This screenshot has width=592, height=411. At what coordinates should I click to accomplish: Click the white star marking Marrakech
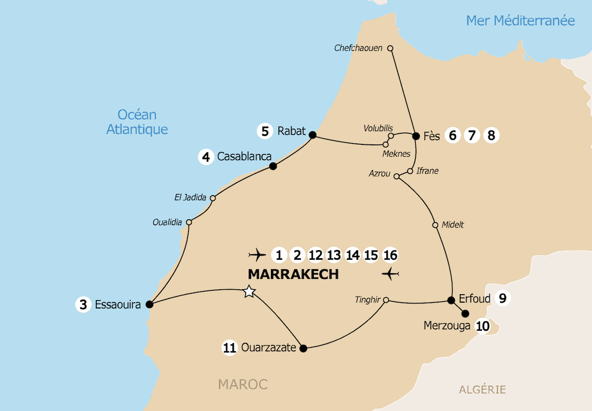(249, 292)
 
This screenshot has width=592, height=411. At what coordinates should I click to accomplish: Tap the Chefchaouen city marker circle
(390, 48)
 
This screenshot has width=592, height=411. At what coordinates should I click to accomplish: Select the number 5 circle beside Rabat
(265, 131)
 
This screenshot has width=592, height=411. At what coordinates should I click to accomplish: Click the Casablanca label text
(244, 157)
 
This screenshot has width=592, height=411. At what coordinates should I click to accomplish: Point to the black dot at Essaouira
(150, 304)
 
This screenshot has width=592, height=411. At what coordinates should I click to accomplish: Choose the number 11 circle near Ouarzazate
(229, 348)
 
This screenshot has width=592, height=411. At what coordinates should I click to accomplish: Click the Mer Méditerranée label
(520, 21)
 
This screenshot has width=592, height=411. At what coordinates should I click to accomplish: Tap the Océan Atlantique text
(137, 122)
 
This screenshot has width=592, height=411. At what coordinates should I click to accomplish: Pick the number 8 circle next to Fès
(490, 135)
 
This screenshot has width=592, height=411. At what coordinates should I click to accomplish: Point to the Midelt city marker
(435, 225)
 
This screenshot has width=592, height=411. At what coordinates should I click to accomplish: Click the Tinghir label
(368, 299)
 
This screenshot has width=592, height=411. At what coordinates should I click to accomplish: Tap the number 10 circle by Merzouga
(483, 326)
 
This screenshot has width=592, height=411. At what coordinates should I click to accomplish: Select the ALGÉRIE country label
(482, 389)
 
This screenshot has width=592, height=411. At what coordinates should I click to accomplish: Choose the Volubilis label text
(378, 128)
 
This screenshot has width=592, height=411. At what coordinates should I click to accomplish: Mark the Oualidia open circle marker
(188, 222)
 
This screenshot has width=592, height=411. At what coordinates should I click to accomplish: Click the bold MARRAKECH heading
(293, 274)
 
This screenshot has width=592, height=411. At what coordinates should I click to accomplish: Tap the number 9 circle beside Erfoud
(502, 298)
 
